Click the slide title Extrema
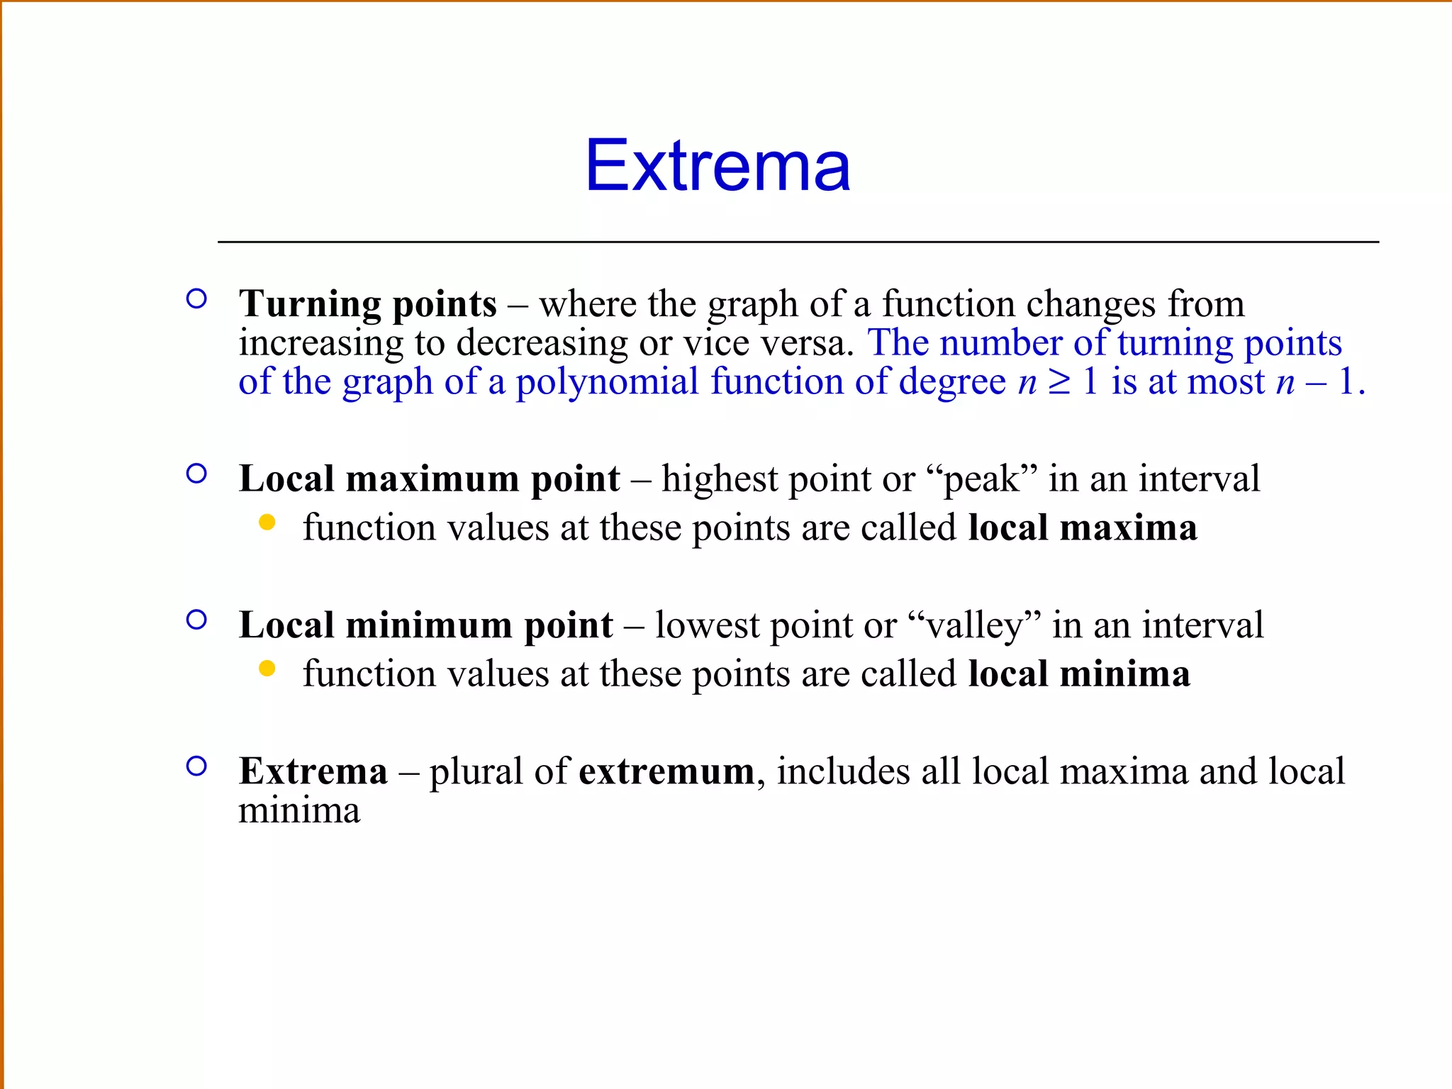(717, 166)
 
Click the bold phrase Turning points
(368, 304)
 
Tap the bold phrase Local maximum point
(430, 479)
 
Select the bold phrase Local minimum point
(426, 625)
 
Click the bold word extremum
(666, 771)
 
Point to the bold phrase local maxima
(1083, 528)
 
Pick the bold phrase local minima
(1079, 674)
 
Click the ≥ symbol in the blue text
(1060, 382)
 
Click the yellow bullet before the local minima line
(267, 669)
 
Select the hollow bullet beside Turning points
(196, 298)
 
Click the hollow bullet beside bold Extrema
(196, 766)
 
